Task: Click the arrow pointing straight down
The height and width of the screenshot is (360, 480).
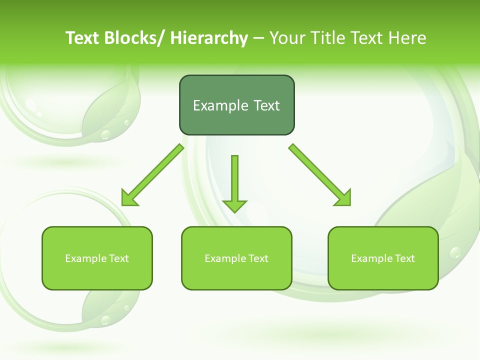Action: [x=234, y=182]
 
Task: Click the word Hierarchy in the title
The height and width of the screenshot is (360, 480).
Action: [x=209, y=38]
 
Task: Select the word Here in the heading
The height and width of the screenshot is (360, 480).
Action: [x=408, y=38]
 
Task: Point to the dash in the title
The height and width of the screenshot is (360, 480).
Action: [x=258, y=38]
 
